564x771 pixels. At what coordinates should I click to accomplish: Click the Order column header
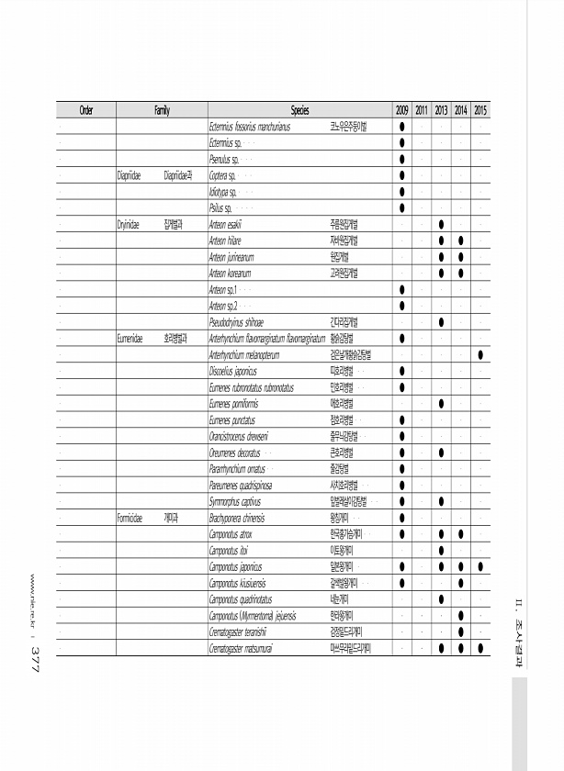[x=85, y=110]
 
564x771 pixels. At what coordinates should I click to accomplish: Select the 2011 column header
[x=422, y=110]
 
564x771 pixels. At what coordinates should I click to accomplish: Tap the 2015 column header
[x=481, y=110]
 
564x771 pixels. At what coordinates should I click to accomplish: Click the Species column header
[x=299, y=110]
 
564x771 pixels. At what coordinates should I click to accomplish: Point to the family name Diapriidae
[x=128, y=174]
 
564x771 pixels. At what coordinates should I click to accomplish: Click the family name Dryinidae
[x=128, y=223]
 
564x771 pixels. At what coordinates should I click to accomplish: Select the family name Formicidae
[x=130, y=518]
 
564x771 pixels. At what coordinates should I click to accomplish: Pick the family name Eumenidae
[x=130, y=338]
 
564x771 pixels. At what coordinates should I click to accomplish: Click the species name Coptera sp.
[x=223, y=174]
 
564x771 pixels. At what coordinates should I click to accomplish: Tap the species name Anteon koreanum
[x=231, y=273]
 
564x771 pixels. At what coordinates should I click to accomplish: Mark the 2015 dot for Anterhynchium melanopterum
[x=481, y=354]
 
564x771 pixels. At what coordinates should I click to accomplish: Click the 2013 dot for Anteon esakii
[x=442, y=224]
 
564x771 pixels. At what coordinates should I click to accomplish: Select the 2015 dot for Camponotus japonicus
[x=481, y=566]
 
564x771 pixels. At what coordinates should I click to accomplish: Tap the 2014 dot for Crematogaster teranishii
[x=461, y=631]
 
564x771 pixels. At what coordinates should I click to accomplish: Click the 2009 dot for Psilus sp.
[x=402, y=207]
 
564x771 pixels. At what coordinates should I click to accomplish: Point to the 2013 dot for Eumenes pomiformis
[x=442, y=403]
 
